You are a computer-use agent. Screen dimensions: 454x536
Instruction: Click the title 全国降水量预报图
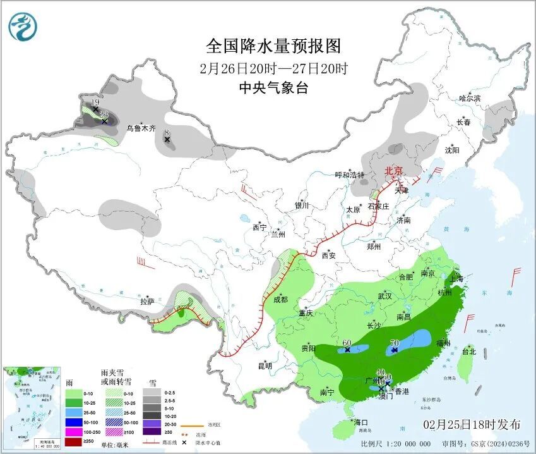(x=273, y=46)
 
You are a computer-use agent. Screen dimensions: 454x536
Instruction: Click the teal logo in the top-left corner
(x=23, y=26)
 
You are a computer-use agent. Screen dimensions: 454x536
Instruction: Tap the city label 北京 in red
(x=394, y=171)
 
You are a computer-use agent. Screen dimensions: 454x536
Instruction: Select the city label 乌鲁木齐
(x=141, y=128)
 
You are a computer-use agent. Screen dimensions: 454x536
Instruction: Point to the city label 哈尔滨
(x=470, y=99)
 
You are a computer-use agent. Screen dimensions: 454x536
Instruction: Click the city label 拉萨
(x=147, y=302)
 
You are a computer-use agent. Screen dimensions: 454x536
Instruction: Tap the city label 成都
(x=281, y=299)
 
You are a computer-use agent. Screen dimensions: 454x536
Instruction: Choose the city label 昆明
(x=265, y=365)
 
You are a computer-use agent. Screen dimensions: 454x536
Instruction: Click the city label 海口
(x=361, y=422)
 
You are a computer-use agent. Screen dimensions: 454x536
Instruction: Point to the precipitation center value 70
(x=395, y=343)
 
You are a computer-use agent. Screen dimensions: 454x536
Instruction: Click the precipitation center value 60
(x=347, y=343)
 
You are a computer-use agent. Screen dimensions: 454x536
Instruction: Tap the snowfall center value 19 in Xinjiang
(x=95, y=102)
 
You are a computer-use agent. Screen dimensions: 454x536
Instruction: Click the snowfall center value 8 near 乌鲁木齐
(x=167, y=132)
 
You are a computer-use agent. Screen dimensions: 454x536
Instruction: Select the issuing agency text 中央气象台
(x=273, y=89)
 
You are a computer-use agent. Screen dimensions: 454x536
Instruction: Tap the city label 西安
(x=328, y=255)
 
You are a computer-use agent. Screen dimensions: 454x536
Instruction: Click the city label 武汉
(x=384, y=296)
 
